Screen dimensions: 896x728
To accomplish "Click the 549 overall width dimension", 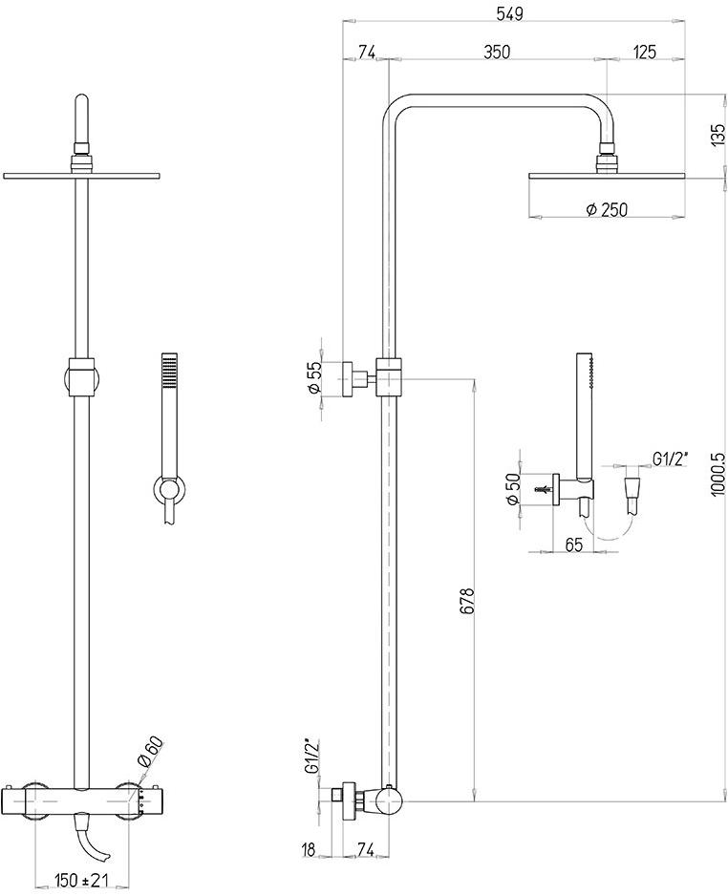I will coord(517,12).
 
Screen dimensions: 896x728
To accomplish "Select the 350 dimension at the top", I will coord(496,52).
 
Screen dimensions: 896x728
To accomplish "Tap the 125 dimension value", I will coord(643,52).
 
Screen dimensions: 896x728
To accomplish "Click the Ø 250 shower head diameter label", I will coord(606,209).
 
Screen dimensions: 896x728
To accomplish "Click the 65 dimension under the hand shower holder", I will coord(575,545).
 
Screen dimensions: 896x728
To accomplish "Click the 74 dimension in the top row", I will coord(366,52).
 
